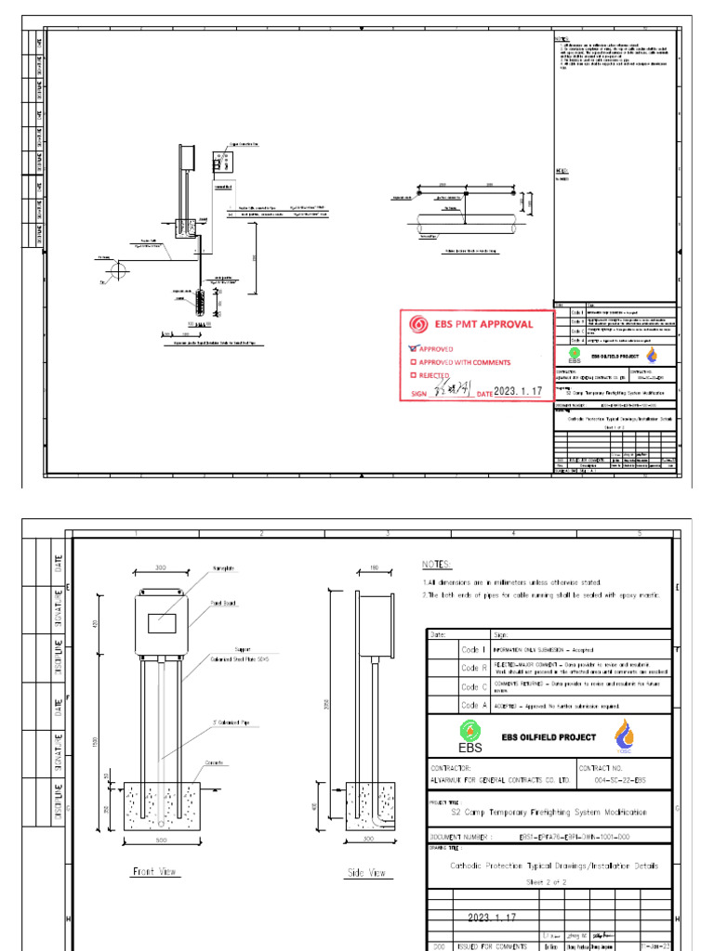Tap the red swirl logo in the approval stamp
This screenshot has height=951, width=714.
(416, 324)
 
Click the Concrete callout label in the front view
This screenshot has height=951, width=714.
(217, 763)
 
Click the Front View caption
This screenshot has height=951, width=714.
(154, 872)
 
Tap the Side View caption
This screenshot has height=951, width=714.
(365, 873)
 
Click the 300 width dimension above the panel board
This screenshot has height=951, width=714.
(162, 567)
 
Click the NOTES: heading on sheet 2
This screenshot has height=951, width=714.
(437, 565)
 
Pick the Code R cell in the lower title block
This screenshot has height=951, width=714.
(474, 667)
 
